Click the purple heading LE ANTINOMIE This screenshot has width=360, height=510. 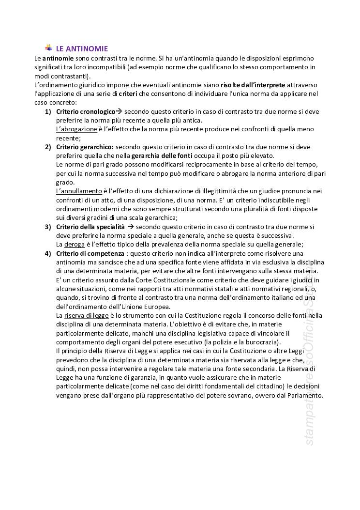[x=82, y=48]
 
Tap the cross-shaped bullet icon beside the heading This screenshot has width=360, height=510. [x=49, y=47]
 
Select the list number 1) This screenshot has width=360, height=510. [x=48, y=111]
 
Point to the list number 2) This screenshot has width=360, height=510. [x=48, y=147]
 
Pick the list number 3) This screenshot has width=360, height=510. [x=48, y=227]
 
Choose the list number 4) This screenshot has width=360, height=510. [x=48, y=253]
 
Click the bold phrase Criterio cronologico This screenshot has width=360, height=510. [x=86, y=111]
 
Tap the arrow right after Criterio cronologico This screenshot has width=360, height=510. [x=119, y=111]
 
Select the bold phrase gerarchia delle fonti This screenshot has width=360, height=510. [x=162, y=155]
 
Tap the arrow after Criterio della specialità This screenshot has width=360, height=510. [x=130, y=227]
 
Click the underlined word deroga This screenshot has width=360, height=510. [x=75, y=244]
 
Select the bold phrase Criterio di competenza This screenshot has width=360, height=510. [x=90, y=253]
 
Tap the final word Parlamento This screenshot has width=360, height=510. [x=303, y=395]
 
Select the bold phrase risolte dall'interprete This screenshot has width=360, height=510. [x=253, y=85]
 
